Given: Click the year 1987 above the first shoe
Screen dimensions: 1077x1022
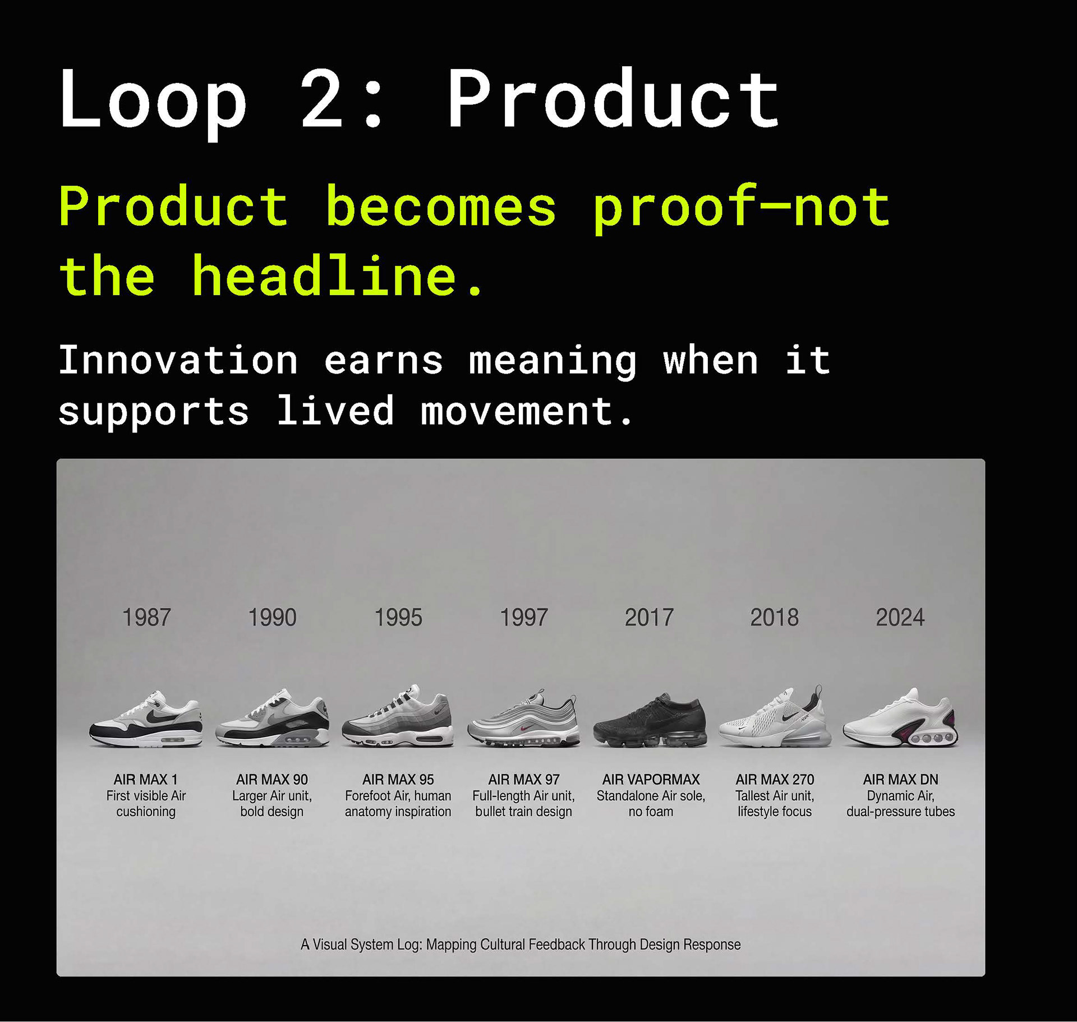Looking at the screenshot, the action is (146, 618).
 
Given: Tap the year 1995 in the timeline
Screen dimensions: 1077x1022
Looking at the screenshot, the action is (398, 618).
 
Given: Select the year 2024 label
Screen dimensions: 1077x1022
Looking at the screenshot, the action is (900, 618).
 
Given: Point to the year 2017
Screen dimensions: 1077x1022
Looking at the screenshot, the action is (649, 618).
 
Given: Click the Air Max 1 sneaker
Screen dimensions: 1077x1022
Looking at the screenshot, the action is (146, 719).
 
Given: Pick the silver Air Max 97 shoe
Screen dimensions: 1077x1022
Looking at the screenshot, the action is (524, 719).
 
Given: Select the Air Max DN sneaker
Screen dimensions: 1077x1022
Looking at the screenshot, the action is (901, 718).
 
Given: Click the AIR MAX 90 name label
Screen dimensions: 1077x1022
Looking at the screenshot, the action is (272, 780).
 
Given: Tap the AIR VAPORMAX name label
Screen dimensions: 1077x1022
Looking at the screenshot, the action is (651, 780).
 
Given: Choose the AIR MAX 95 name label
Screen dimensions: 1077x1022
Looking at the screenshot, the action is (398, 780).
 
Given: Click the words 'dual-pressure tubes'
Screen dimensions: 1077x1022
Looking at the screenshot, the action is (901, 812).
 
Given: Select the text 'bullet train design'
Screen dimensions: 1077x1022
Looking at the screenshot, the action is (524, 812).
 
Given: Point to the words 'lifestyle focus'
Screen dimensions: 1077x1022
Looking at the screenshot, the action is (775, 812).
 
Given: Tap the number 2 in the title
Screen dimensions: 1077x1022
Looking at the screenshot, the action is (321, 99).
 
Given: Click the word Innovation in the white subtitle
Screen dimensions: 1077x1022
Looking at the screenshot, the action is (178, 360).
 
